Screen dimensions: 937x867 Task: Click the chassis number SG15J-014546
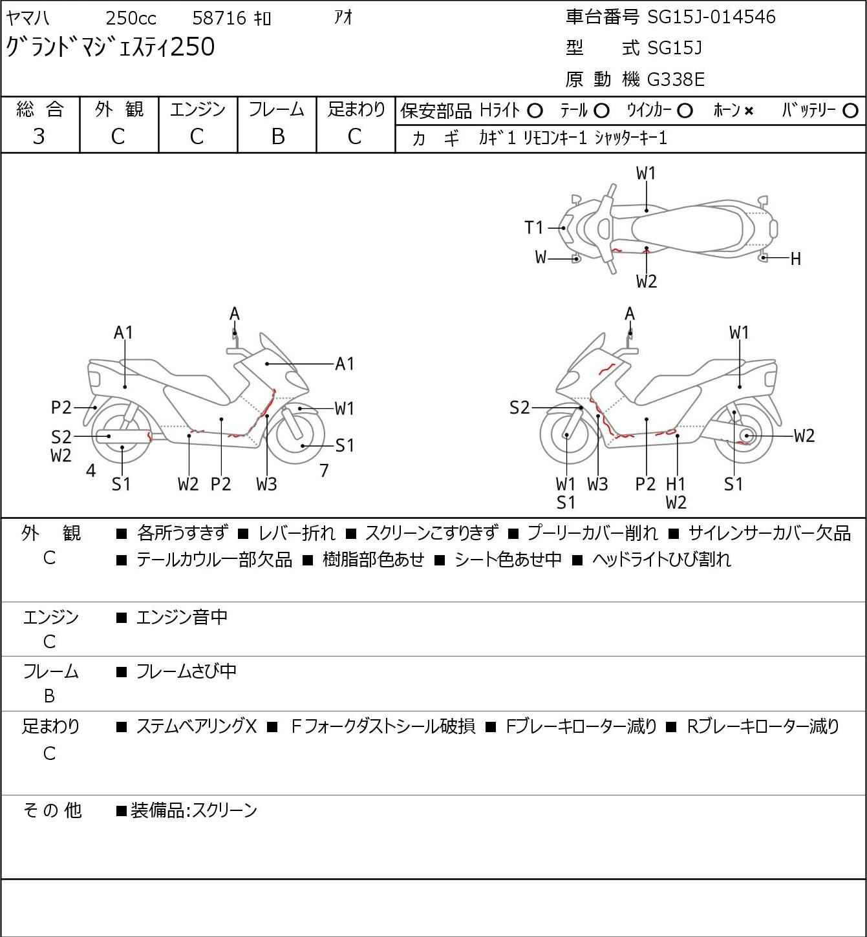click(711, 17)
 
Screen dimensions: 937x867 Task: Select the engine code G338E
click(676, 79)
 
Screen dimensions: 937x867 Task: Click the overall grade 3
click(39, 136)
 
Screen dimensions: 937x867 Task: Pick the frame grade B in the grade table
click(277, 136)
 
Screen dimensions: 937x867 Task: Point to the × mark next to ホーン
click(749, 111)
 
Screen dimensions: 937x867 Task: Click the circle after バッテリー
click(851, 111)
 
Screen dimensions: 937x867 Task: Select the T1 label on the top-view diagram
click(534, 227)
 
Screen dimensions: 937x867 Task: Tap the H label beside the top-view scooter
click(795, 259)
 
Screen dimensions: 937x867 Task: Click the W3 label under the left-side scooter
click(266, 484)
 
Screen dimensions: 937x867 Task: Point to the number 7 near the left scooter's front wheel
click(324, 470)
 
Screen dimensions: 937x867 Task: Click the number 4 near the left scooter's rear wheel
click(91, 470)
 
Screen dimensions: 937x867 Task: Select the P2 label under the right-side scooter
click(645, 484)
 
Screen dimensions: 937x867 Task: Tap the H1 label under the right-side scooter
click(676, 484)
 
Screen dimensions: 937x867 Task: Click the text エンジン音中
click(182, 618)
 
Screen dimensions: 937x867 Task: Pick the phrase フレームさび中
click(186, 672)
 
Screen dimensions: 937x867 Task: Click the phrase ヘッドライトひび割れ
click(661, 560)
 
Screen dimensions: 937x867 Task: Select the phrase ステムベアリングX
click(196, 727)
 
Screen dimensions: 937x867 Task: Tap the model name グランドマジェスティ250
click(111, 48)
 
